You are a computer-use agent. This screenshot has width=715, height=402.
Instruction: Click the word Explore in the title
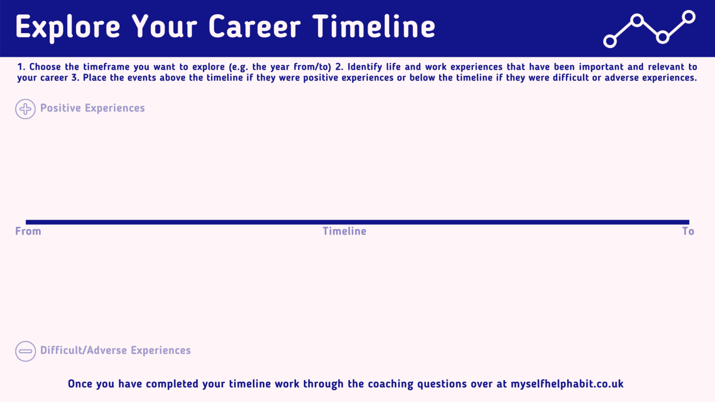tap(68, 27)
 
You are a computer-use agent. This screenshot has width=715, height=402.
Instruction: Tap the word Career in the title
tap(255, 27)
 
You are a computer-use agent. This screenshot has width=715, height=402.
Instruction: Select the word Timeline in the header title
tap(374, 27)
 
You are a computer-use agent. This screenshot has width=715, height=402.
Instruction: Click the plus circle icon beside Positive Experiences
tap(25, 109)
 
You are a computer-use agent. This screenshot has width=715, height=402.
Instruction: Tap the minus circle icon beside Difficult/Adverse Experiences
tap(25, 351)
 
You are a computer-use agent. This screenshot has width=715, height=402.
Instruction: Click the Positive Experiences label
tap(92, 108)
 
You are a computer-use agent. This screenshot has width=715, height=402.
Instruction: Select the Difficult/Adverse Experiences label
tap(115, 350)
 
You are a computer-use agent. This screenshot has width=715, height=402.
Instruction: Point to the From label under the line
tap(28, 231)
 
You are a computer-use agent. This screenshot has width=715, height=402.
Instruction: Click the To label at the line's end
tap(688, 231)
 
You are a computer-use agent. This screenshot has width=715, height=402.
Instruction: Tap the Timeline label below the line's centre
tap(344, 231)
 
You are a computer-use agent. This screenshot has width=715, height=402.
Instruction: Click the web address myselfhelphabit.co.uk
tap(567, 384)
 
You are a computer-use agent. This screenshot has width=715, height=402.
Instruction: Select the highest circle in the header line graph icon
tap(688, 17)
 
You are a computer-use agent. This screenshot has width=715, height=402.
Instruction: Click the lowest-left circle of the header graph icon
tap(610, 41)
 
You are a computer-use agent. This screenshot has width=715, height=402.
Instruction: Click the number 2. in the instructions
tap(339, 67)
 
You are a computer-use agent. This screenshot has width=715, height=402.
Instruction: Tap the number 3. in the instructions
tap(75, 78)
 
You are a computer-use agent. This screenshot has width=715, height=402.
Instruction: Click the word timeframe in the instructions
tap(107, 67)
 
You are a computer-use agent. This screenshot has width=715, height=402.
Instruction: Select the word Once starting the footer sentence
tap(80, 384)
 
